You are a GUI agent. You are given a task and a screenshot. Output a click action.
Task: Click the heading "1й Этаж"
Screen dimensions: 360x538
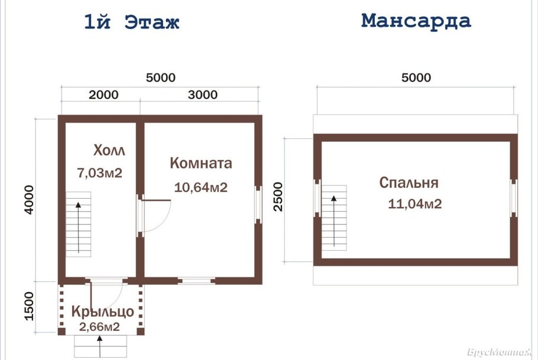point(131,22)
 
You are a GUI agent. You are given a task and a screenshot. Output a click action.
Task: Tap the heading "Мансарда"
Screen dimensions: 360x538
point(416,21)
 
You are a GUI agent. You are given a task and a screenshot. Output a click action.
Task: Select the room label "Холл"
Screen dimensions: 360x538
point(109,150)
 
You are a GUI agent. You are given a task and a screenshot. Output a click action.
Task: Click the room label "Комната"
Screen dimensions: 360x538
point(201,163)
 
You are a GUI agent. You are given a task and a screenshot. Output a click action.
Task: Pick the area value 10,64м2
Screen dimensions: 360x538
point(201,187)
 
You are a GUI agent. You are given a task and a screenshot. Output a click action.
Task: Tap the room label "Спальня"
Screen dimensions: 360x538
point(409,182)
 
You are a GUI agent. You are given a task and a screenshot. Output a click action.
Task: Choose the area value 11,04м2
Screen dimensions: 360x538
point(415,205)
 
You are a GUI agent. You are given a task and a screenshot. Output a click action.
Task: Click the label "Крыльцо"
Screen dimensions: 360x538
point(102,312)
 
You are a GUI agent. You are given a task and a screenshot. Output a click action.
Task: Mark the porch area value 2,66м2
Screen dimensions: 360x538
point(100,326)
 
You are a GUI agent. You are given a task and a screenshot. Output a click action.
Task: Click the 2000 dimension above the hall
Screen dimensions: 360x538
point(103,95)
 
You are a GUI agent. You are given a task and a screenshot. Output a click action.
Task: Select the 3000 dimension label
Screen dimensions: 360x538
point(203,95)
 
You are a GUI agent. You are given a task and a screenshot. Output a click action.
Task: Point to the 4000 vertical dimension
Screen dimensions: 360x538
point(30,200)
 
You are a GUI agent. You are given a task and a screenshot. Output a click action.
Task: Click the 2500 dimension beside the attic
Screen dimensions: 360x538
point(278,197)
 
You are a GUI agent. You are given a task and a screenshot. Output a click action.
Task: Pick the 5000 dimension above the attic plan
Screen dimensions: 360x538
point(416,77)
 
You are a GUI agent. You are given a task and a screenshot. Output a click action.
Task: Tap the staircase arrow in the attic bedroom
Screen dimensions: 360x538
point(335,219)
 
